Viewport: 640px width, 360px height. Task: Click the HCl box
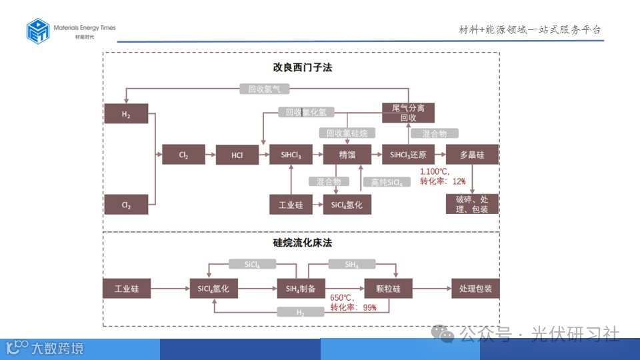[237, 155]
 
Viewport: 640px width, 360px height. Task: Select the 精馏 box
[347, 155]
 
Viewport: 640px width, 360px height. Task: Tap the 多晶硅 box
[472, 155]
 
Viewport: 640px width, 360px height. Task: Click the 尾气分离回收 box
[408, 113]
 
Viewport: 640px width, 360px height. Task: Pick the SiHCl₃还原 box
[408, 155]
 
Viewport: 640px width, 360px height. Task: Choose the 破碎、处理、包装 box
[472, 204]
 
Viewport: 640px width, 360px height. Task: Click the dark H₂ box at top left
[126, 114]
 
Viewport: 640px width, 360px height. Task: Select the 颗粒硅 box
[388, 289]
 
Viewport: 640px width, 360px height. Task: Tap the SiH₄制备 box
[301, 289]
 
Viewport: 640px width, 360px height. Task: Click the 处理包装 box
[475, 289]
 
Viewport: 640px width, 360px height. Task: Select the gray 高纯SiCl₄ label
[387, 182]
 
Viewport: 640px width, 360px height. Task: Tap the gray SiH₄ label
[351, 265]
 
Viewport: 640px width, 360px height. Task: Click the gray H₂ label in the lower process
[301, 312]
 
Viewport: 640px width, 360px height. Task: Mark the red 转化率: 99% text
[353, 307]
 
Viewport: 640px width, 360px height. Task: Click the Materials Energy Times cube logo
[38, 31]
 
